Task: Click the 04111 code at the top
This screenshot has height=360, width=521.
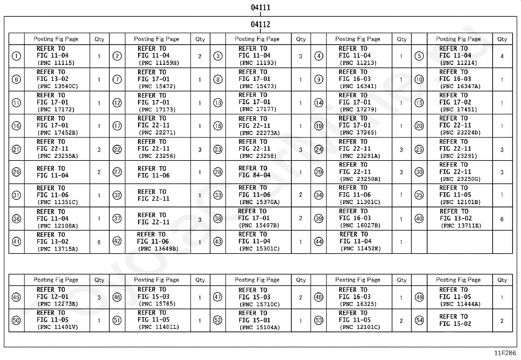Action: click(x=260, y=7)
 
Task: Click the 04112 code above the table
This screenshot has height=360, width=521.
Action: click(x=260, y=24)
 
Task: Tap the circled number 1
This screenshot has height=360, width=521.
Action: click(x=16, y=56)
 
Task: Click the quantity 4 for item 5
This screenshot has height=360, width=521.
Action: click(x=502, y=56)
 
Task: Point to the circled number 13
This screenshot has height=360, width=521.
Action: click(x=218, y=103)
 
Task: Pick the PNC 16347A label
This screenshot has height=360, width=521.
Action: click(x=460, y=86)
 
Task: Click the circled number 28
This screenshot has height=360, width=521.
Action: click(x=218, y=172)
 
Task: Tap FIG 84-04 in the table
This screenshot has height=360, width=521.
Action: click(x=255, y=175)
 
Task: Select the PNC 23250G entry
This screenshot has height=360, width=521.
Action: click(x=460, y=179)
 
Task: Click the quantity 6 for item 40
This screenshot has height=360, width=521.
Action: click(x=502, y=219)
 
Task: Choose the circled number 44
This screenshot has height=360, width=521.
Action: click(x=319, y=242)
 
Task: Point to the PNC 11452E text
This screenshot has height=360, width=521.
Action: click(x=360, y=249)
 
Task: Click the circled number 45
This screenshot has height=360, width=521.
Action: click(x=16, y=297)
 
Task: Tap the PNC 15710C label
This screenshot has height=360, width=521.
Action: click(x=260, y=304)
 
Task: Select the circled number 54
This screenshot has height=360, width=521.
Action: click(x=419, y=320)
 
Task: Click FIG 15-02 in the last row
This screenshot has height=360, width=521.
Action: click(x=455, y=324)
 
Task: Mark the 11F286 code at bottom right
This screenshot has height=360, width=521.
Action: click(x=505, y=353)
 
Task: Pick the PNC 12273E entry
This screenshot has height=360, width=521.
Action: click(x=58, y=304)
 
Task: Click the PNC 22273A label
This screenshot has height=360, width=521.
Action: click(x=260, y=133)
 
